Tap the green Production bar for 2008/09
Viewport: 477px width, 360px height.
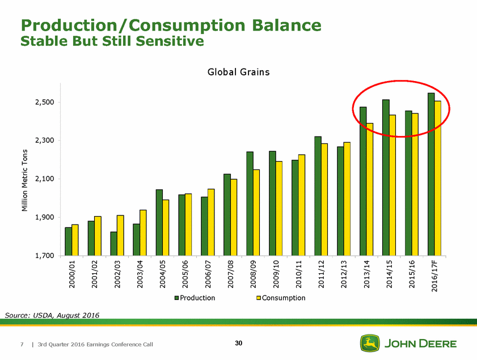pyautogui.click(x=250, y=204)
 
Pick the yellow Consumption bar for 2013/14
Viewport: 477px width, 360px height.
pyautogui.click(x=370, y=189)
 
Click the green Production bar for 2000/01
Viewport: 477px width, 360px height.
pyautogui.click(x=68, y=242)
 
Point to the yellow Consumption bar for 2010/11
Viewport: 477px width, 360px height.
pyautogui.click(x=302, y=205)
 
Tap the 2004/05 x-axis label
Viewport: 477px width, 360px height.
pyautogui.click(x=162, y=274)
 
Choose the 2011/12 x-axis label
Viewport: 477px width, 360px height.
pyautogui.click(x=321, y=274)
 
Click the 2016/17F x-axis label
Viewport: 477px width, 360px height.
pyautogui.click(x=434, y=276)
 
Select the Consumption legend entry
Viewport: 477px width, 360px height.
pyautogui.click(x=280, y=298)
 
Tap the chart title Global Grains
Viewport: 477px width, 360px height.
pyautogui.click(x=238, y=72)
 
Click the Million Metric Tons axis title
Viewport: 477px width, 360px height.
pyautogui.click(x=24, y=180)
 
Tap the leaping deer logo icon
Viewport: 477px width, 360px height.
pyautogui.click(x=370, y=344)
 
